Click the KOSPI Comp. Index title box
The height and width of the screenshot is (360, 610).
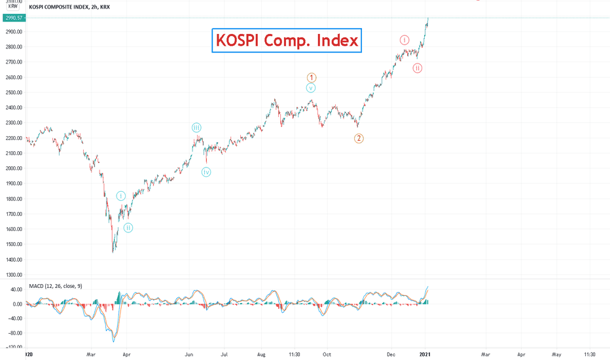point(287,41)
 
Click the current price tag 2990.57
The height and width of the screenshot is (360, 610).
point(13,18)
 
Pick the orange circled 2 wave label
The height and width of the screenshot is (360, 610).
point(359,138)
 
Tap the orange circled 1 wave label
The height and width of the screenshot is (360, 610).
point(312,78)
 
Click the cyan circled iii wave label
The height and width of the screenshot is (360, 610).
point(196,127)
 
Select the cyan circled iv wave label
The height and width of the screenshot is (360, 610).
point(206,172)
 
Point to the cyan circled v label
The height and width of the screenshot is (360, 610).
point(311,88)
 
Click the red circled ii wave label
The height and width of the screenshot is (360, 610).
point(418,68)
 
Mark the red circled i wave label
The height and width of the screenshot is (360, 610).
point(405,40)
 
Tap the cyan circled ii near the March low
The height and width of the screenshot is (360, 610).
point(128,228)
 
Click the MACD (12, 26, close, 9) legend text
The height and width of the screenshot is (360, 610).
point(56,286)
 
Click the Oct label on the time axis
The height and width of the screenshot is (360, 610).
point(326,354)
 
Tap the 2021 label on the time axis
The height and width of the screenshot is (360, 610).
point(426,354)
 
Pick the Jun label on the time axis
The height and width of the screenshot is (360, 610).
point(188,354)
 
